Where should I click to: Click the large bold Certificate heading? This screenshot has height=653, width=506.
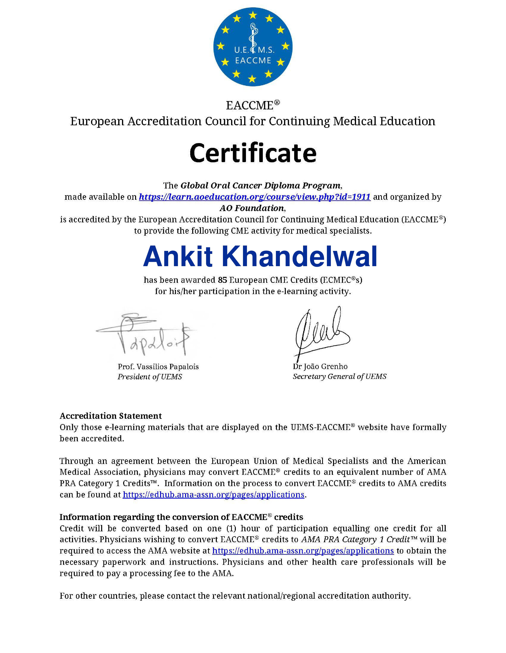point(253,153)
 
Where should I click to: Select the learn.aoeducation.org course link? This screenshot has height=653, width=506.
point(255,197)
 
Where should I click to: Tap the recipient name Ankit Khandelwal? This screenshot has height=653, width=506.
point(260,257)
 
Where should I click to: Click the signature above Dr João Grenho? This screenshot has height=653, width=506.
point(320,332)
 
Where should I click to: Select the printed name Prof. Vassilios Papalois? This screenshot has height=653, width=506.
point(158,367)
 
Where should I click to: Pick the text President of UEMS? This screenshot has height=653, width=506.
point(150,377)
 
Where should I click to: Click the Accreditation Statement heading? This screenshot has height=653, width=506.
point(110,416)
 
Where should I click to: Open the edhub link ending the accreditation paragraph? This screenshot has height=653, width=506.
point(213,495)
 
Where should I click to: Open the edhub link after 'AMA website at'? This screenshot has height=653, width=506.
point(303,551)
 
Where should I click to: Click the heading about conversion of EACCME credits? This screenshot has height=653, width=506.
point(181,517)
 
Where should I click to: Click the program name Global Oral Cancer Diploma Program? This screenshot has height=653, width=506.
point(260,186)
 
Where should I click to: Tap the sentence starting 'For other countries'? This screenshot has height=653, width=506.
point(235,596)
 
